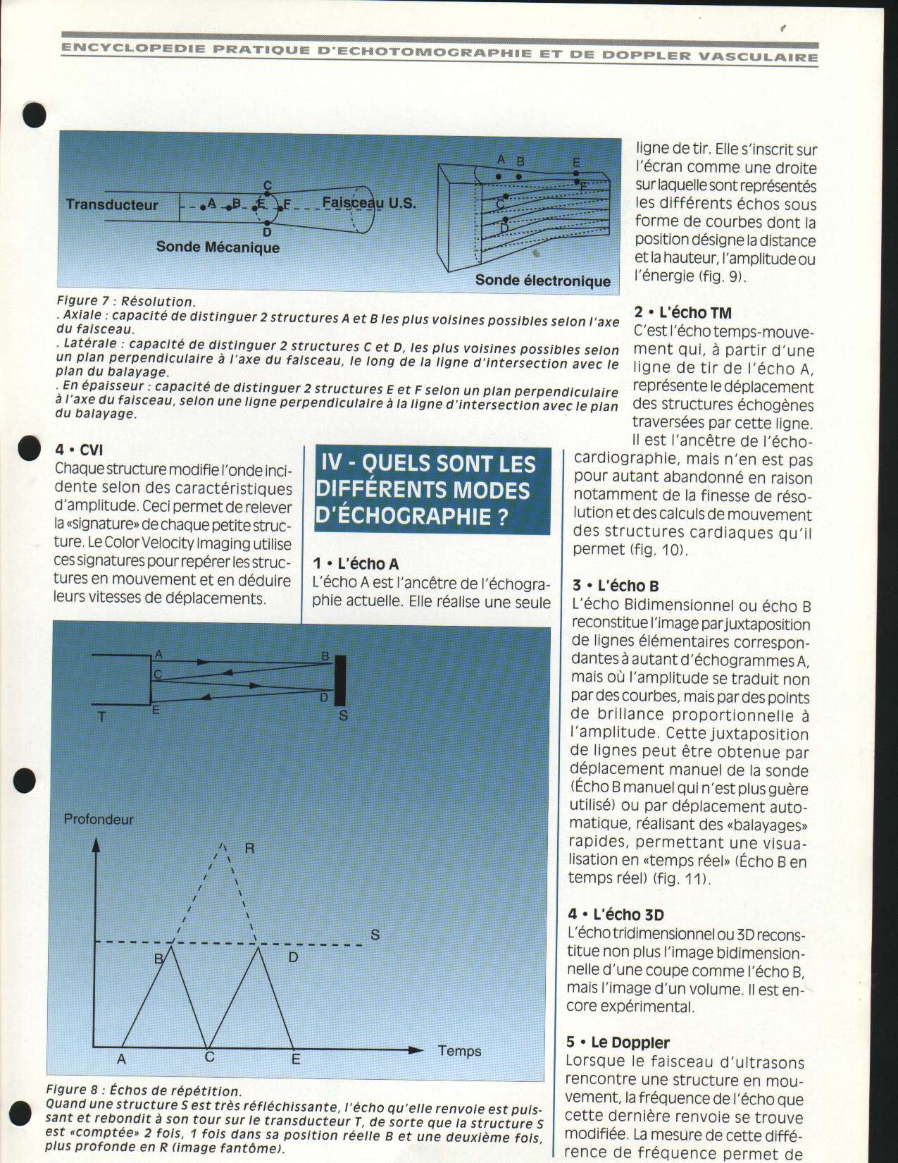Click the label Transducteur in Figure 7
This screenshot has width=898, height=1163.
coord(112,204)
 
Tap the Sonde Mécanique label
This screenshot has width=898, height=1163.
coord(218,247)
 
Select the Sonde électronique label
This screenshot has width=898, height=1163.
coord(542,281)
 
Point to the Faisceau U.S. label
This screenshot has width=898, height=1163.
coord(369,203)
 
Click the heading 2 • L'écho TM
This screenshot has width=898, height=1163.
coord(682,313)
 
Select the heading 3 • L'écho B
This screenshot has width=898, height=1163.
coord(616,586)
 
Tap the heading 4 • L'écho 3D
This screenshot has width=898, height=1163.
coord(616,915)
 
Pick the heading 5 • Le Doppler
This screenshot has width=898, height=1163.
coord(617,1042)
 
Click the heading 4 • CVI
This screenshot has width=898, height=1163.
coord(79,450)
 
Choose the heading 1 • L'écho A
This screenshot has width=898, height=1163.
coord(356,564)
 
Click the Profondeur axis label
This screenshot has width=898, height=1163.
coord(99,819)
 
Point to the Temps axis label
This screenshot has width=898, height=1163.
coord(459,1051)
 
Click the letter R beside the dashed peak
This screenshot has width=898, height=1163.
coord(249,848)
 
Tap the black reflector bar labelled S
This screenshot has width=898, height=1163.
coord(339,680)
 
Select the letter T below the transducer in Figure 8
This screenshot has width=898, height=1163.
coord(102,717)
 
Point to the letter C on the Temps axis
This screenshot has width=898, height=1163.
coord(209,1057)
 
